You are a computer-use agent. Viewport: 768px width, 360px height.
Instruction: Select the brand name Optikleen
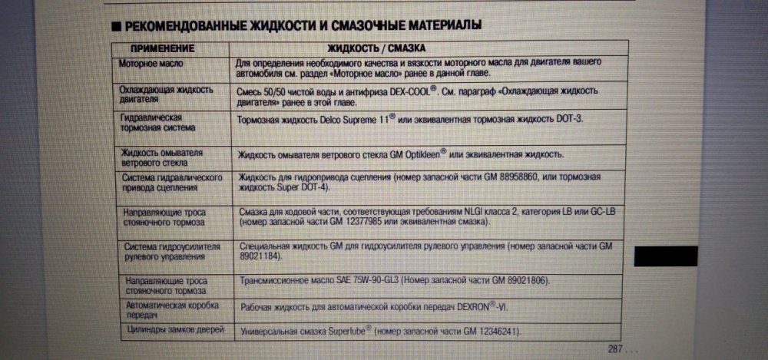coord(412,154)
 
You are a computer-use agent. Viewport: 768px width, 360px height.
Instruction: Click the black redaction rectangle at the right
coord(666,256)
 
